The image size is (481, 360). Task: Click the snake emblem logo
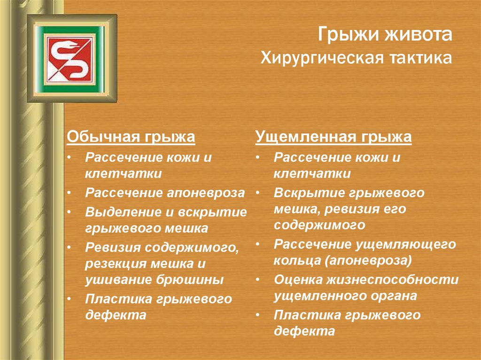click(70, 59)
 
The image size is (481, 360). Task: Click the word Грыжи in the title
click(348, 34)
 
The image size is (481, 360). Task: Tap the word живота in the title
click(418, 34)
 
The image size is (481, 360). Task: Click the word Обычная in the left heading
click(103, 136)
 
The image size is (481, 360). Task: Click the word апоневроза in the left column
click(206, 193)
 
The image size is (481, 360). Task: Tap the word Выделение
click(124, 212)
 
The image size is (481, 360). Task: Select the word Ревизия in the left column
click(113, 247)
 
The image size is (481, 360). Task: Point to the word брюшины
click(190, 280)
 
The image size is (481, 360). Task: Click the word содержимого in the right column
click(319, 225)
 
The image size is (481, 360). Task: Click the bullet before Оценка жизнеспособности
click(257, 280)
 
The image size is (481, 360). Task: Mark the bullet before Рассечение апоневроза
click(69, 193)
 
